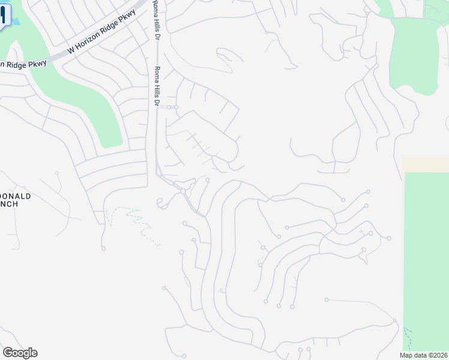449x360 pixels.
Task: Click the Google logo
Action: [x=20, y=353]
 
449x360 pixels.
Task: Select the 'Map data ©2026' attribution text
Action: [x=422, y=355]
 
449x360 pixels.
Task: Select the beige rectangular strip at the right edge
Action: [x=425, y=164]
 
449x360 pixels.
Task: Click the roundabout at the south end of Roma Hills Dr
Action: [x=182, y=191]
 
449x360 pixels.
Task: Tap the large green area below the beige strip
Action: [x=426, y=252]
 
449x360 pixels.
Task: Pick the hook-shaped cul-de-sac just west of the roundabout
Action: [x=161, y=203]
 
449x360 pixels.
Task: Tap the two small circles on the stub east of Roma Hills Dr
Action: [x=173, y=107]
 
